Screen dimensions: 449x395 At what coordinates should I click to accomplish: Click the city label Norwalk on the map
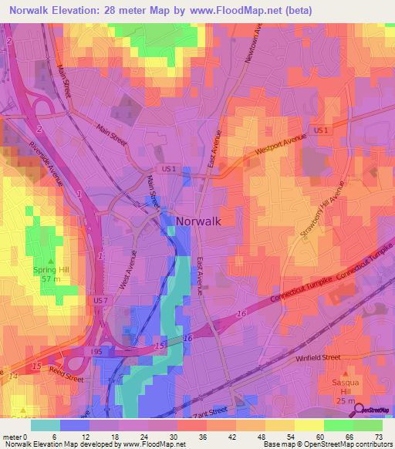pyautogui.click(x=198, y=221)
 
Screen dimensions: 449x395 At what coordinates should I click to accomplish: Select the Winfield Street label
pyautogui.click(x=318, y=358)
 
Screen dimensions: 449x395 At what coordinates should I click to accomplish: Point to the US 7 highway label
pyautogui.click(x=100, y=300)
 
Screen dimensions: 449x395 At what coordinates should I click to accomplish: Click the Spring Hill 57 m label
pyautogui.click(x=52, y=274)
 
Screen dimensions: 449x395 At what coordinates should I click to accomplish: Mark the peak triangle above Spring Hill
pyautogui.click(x=52, y=261)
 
